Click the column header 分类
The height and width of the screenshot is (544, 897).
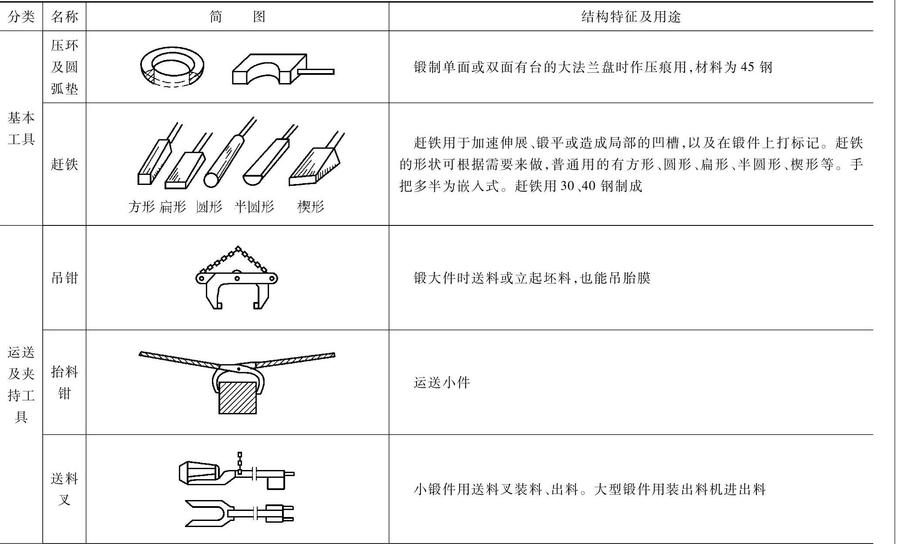(21, 17)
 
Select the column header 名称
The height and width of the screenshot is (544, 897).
(64, 17)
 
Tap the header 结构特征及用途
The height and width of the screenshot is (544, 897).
(631, 17)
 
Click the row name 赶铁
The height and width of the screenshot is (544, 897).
(64, 164)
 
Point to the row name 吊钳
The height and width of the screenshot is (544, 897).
(64, 278)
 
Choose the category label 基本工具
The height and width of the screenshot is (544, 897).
(21, 128)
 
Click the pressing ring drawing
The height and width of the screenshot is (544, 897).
(172, 67)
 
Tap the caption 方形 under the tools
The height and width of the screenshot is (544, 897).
(141, 207)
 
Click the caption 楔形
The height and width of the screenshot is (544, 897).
(311, 207)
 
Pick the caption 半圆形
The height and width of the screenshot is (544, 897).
(254, 207)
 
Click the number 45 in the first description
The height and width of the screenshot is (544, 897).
(747, 67)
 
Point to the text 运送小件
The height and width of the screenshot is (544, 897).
(442, 383)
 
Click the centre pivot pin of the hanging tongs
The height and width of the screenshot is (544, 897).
(237, 278)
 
